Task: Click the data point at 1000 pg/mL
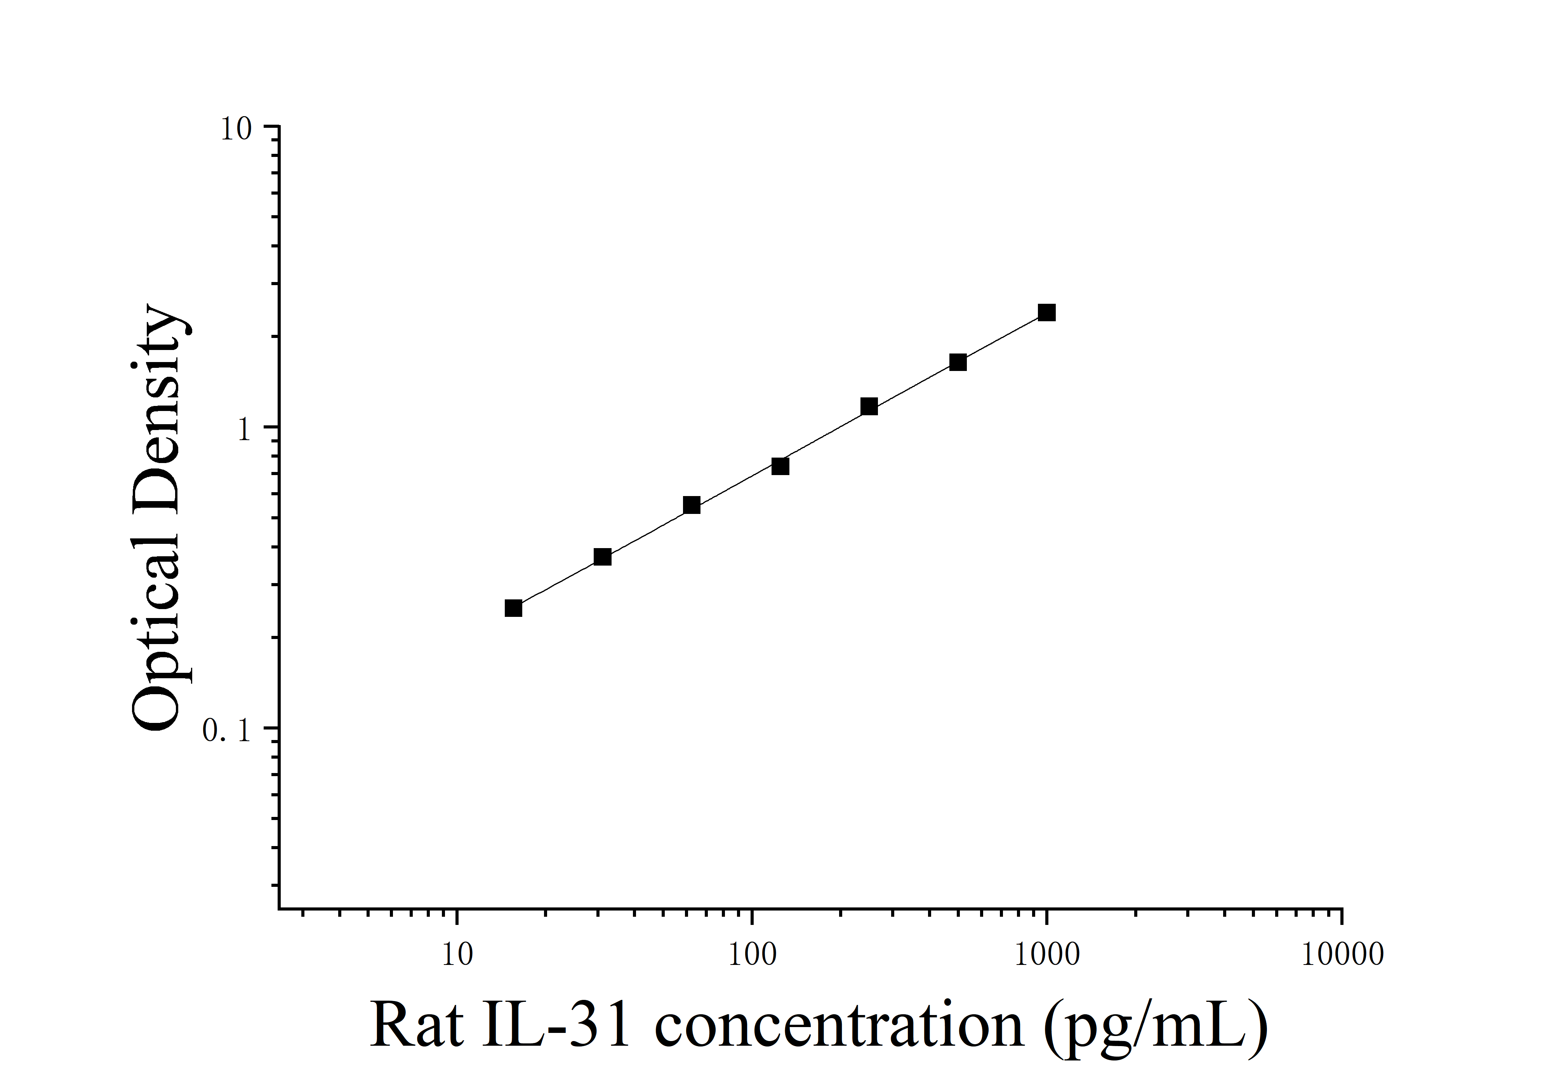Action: point(1046,312)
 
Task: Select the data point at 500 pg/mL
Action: point(958,362)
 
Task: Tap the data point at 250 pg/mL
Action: point(869,407)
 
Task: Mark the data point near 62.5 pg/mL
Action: point(691,505)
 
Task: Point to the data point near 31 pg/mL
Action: point(602,557)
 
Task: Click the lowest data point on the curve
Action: point(513,608)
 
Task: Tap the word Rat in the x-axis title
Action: point(417,1026)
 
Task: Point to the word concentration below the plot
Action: point(839,1026)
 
